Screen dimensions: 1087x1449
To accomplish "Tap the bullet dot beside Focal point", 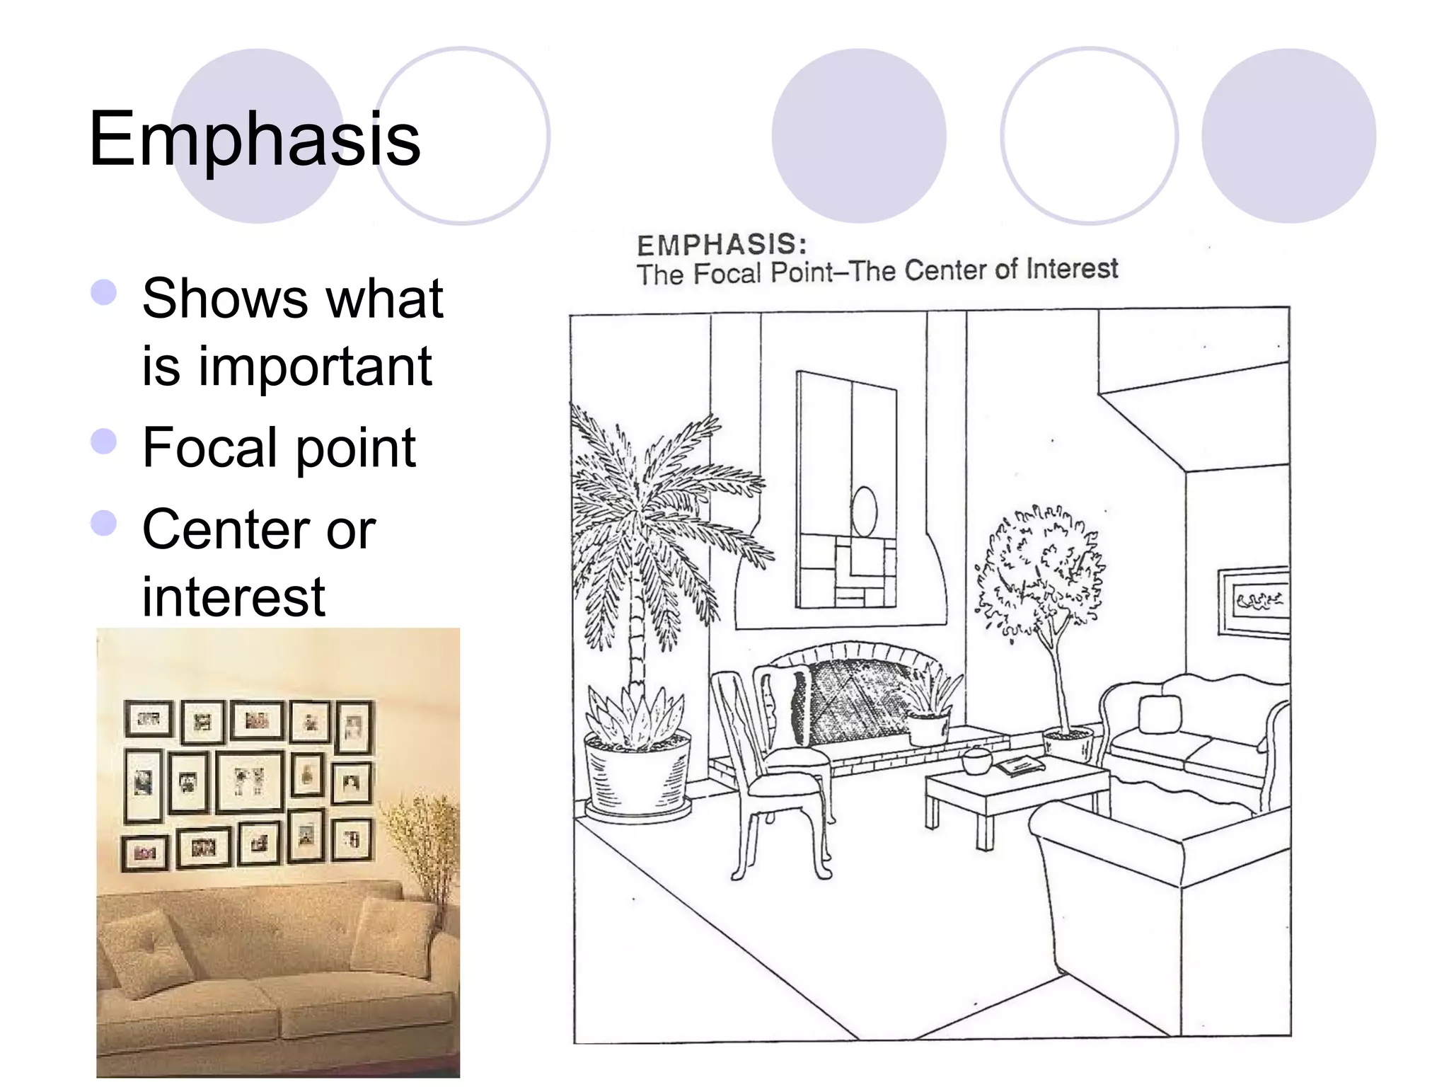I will [x=104, y=442].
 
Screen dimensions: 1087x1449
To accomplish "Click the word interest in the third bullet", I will [x=233, y=597].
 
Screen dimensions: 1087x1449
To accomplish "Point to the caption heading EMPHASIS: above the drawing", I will [x=722, y=245].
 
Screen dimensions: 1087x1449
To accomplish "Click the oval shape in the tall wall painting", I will [x=864, y=511].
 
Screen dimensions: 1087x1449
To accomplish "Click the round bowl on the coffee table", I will [x=977, y=761].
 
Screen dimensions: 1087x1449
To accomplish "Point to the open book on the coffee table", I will [x=1020, y=764].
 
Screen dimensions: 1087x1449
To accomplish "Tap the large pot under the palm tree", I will [x=637, y=776].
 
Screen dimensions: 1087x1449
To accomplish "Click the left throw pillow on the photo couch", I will [x=146, y=952].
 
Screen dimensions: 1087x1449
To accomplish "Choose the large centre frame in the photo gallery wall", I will [x=249, y=781].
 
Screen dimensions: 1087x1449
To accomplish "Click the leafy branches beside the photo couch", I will [x=425, y=842].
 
